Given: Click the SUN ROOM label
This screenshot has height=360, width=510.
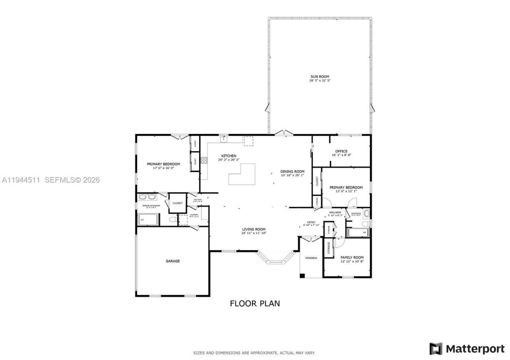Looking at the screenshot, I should point(320,76).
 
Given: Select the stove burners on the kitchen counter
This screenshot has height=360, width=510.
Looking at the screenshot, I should point(204,160).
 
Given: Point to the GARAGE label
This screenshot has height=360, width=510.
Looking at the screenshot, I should point(173,261).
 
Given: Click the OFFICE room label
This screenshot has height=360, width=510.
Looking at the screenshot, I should point(341,151).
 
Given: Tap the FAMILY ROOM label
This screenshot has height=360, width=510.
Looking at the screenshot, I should point(352,258).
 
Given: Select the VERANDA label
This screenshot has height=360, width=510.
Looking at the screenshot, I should point(311,258).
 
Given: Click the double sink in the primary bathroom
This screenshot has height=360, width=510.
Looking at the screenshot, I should point(147,197).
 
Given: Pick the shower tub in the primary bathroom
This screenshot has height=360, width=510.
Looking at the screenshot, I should point(148,219).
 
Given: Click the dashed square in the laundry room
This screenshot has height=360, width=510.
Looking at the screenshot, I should point(183,220).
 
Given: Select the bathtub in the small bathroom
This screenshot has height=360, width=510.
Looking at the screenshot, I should point(357,233).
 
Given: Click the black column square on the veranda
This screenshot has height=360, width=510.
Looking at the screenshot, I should point(302,276).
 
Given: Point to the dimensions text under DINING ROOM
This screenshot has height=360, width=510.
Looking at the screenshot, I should point(292,175).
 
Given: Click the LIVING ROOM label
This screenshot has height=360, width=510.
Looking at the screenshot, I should point(253,229).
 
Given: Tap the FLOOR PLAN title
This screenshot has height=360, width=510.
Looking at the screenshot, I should point(255,303).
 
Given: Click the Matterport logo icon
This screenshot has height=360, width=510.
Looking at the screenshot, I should point(436,349).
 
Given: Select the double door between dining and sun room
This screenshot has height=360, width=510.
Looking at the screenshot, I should point(284,133).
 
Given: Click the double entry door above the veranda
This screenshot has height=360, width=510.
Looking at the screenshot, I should point(310,239).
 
